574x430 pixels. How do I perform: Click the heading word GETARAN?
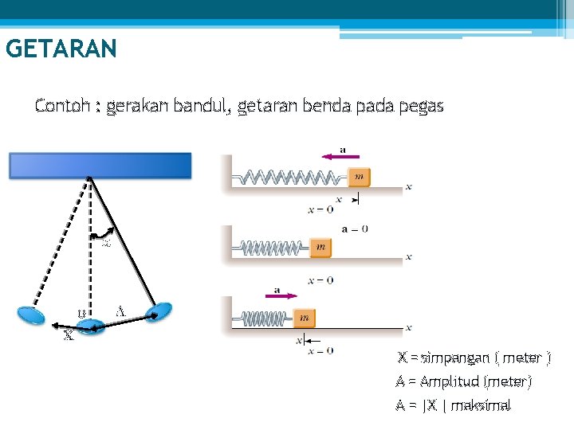tap(61, 49)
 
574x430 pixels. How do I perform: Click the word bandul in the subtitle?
tap(200, 105)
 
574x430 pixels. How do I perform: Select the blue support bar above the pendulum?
tap(100, 165)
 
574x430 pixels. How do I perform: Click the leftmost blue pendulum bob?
tap(33, 314)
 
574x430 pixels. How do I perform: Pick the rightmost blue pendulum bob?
tap(159, 311)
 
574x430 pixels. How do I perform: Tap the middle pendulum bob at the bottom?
tap(90, 326)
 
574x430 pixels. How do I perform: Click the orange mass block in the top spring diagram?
tap(360, 177)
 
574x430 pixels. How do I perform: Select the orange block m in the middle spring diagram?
tap(320, 248)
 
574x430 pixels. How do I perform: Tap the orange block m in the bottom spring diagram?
tap(304, 319)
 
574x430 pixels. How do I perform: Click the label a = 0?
tap(355, 229)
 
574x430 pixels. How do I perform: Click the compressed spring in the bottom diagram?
tap(268, 319)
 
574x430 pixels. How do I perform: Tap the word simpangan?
tap(452, 358)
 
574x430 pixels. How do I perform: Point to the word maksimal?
tap(480, 405)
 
